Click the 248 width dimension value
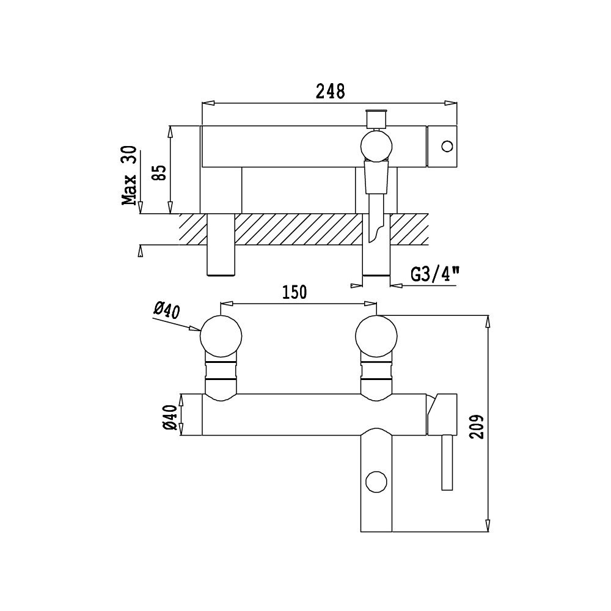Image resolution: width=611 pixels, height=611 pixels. point(330,91)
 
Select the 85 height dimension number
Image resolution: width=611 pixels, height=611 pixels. point(159,173)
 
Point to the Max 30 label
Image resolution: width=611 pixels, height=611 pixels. point(130,175)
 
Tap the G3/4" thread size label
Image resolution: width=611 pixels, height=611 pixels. point(435,274)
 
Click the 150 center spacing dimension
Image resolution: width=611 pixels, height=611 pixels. point(295,292)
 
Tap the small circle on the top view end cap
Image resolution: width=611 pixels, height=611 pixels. point(447,147)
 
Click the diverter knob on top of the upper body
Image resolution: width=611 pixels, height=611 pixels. point(376,119)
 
